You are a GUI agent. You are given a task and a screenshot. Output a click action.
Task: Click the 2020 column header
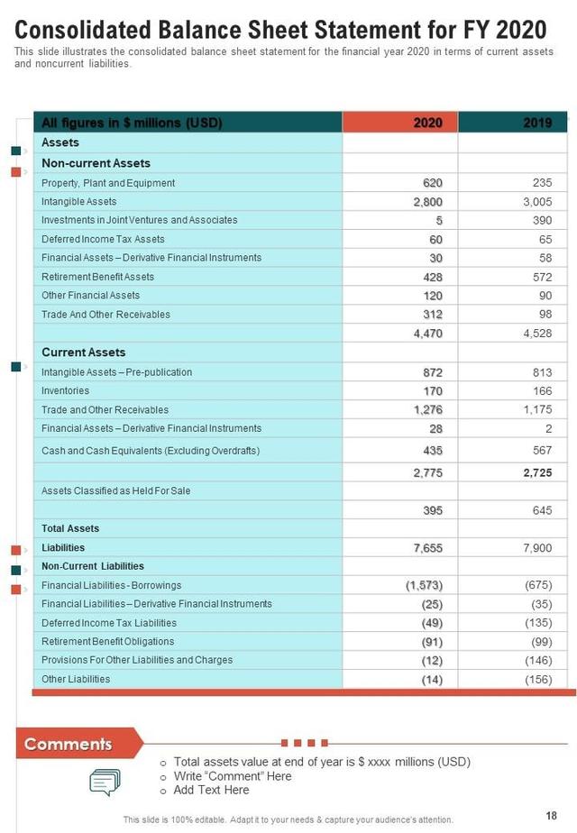coord(427,123)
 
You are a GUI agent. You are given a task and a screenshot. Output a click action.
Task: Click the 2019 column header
coord(537,123)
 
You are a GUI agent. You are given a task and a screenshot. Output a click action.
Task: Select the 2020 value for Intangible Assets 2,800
coord(427,202)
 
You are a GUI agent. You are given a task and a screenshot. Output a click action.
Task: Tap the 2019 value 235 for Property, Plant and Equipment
coord(542,183)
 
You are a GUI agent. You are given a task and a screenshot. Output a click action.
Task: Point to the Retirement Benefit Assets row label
coord(97,277)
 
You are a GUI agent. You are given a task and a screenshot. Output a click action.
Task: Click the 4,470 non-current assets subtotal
coord(427,334)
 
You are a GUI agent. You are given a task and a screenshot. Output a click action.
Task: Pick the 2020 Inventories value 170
coord(432,391)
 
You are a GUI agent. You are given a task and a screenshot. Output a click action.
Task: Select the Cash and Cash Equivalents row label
coord(150,451)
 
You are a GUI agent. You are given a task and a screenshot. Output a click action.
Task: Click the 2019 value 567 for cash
coord(542,449)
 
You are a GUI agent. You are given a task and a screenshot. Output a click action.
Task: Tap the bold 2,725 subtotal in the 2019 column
coord(537,472)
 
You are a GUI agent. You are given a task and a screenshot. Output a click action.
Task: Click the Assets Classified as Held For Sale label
coord(115,491)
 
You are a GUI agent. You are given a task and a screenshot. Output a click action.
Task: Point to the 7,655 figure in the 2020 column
coord(427,547)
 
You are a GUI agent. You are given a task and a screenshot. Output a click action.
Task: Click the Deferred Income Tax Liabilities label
coord(108,623)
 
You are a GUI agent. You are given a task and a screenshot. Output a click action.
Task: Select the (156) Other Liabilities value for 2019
coord(538,680)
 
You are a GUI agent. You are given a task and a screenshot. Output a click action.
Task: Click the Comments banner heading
coord(69,744)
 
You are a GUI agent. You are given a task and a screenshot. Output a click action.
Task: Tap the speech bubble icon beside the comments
coord(105,782)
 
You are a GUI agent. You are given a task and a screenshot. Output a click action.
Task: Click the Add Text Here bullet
coord(211,791)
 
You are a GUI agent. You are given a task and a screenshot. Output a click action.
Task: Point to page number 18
coord(551,815)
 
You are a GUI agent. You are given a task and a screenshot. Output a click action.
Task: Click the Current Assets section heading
coord(83,352)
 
